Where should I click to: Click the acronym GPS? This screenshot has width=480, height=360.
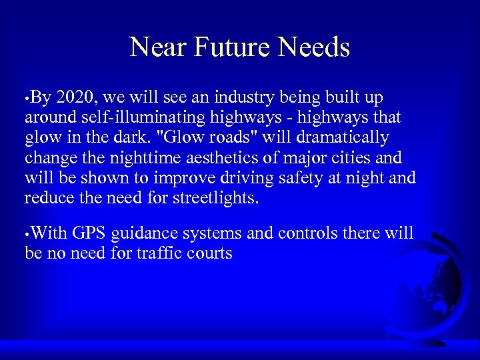(x=90, y=233)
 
